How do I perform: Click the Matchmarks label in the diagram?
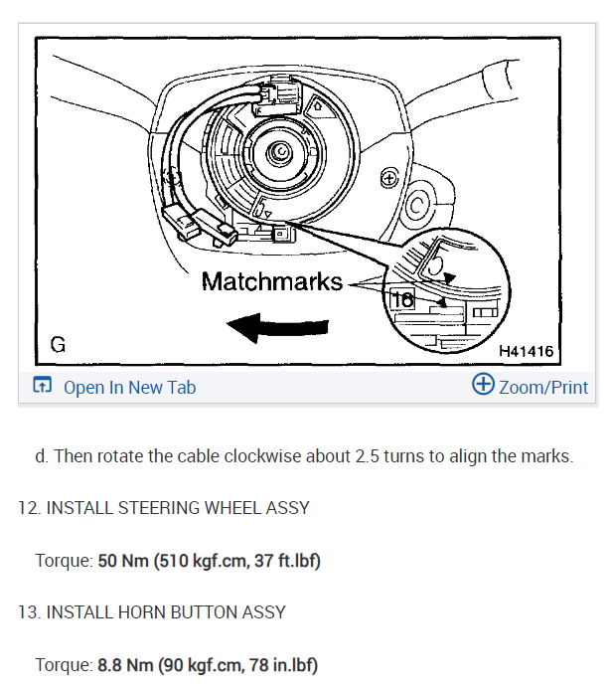tap(271, 281)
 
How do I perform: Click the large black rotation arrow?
tap(277, 326)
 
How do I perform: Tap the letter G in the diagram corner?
tap(58, 346)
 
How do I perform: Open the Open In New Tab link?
tap(129, 387)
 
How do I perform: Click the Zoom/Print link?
tap(543, 387)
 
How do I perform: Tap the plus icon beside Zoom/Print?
tap(483, 386)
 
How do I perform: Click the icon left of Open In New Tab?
tap(43, 387)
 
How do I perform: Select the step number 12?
tap(27, 508)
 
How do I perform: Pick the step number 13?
tap(27, 611)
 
